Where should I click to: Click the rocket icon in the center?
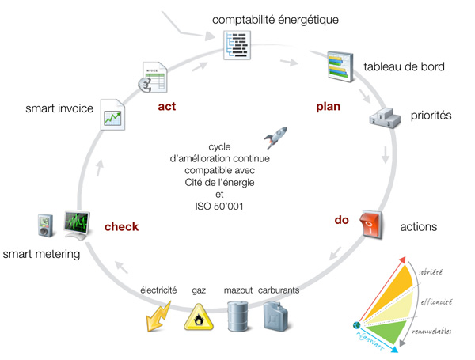[275, 138]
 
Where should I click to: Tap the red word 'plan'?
[327, 106]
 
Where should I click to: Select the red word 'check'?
[122, 228]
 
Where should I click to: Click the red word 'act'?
[166, 106]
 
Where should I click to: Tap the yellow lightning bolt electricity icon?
[158, 316]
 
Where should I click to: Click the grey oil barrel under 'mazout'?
[238, 315]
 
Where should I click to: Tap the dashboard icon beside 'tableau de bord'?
[340, 66]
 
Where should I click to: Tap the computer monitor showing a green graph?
[79, 226]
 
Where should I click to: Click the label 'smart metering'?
[40, 254]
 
